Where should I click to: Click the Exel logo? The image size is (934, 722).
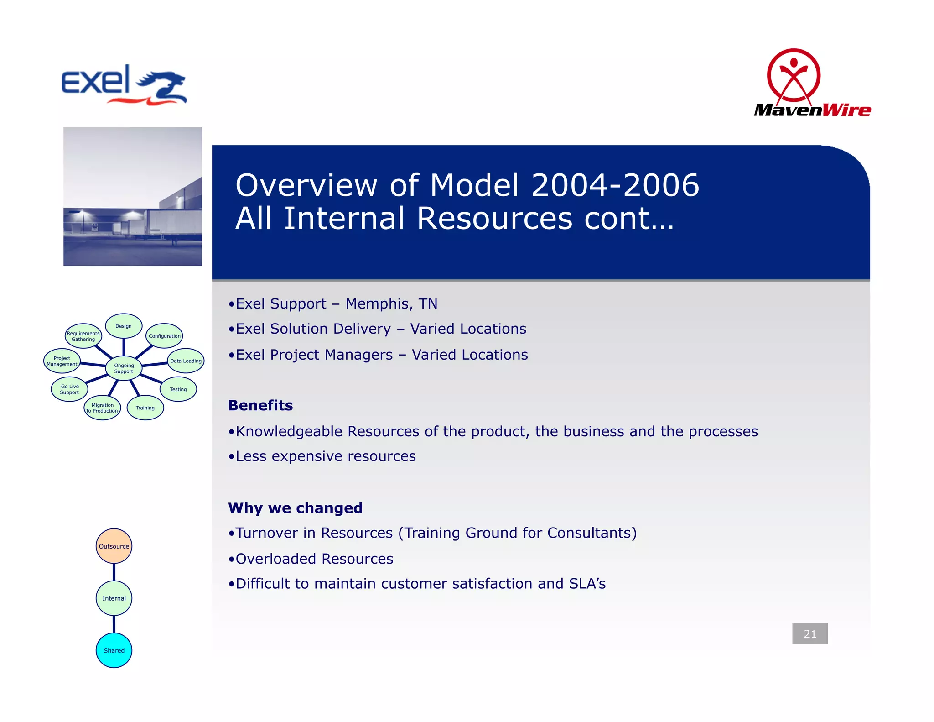124,85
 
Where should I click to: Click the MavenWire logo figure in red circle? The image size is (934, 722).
794,75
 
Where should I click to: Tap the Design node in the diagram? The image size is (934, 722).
124,326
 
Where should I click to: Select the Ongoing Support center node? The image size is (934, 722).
124,368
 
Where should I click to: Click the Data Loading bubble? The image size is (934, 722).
186,361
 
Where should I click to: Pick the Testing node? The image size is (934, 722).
178,389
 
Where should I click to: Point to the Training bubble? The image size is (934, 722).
145,408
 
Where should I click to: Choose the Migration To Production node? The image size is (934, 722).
102,408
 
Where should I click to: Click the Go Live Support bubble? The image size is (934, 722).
69,389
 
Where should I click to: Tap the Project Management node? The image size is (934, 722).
62,361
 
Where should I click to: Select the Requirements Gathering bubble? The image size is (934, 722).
83,336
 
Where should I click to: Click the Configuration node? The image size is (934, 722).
165,336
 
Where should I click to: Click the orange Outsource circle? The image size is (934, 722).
114,546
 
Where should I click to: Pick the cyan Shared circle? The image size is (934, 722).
114,650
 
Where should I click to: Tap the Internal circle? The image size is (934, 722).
114,598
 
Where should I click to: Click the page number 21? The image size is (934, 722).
809,633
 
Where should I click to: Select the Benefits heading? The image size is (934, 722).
260,405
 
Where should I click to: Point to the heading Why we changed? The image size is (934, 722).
295,508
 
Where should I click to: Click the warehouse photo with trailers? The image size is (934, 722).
132,196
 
